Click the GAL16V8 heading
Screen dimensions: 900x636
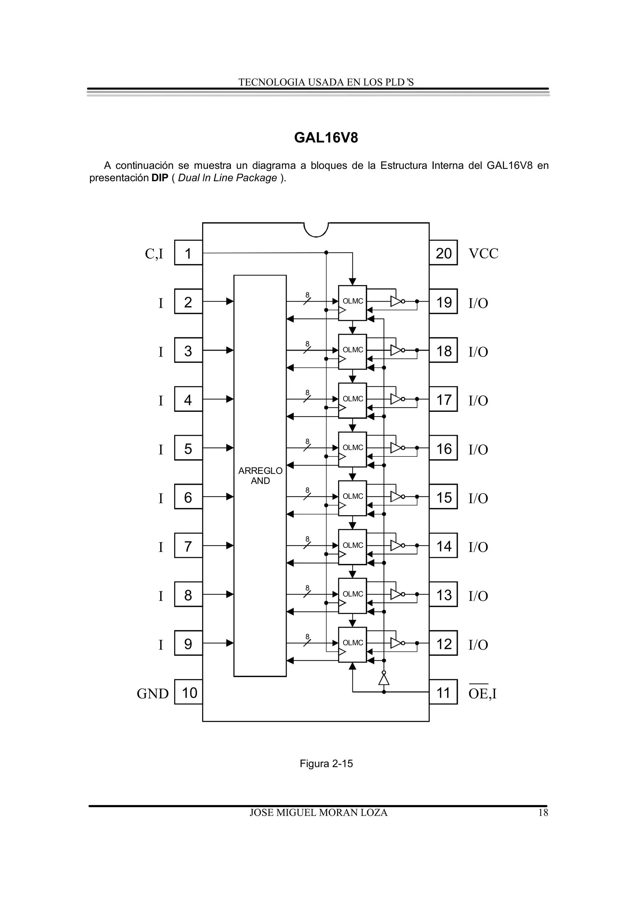pyautogui.click(x=326, y=138)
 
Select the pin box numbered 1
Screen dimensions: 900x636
pyautogui.click(x=188, y=253)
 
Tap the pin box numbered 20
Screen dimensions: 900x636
pyautogui.click(x=443, y=253)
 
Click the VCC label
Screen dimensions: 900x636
pyautogui.click(x=483, y=254)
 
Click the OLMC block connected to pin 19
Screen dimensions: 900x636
pyautogui.click(x=352, y=302)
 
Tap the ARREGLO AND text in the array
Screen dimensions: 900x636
pyautogui.click(x=260, y=475)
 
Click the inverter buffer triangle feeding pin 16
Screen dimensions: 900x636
pyautogui.click(x=396, y=448)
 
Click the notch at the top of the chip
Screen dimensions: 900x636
pyautogui.click(x=316, y=229)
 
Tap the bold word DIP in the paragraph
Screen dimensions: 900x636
pyautogui.click(x=160, y=178)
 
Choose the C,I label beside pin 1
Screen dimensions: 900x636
pyautogui.click(x=154, y=254)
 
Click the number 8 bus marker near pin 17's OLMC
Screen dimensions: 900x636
pyautogui.click(x=307, y=392)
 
